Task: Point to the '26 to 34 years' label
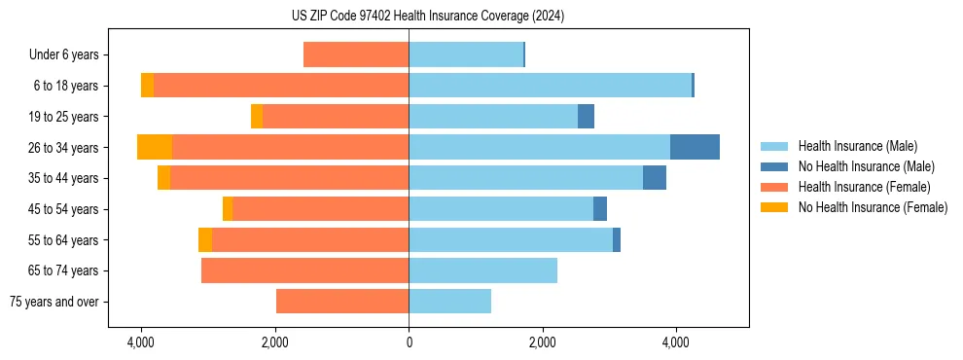coord(65,148)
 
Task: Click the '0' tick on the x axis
coord(409,343)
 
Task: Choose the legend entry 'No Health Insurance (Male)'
coord(866,166)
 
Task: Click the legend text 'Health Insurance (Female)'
coord(864,187)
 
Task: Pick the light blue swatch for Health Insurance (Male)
coord(774,146)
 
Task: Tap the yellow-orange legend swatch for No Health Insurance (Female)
coord(774,207)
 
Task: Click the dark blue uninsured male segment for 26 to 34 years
coord(695,147)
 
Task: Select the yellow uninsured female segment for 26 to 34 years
coord(155,147)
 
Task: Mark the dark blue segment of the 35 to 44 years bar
coord(655,178)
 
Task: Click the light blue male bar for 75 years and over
coord(449,302)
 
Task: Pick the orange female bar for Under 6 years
coord(356,54)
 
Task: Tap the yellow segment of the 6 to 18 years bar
coord(147,86)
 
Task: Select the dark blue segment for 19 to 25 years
coord(586,117)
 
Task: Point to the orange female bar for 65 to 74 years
coord(304,270)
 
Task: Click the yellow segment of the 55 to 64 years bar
coord(205,239)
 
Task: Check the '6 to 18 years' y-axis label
coord(66,86)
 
